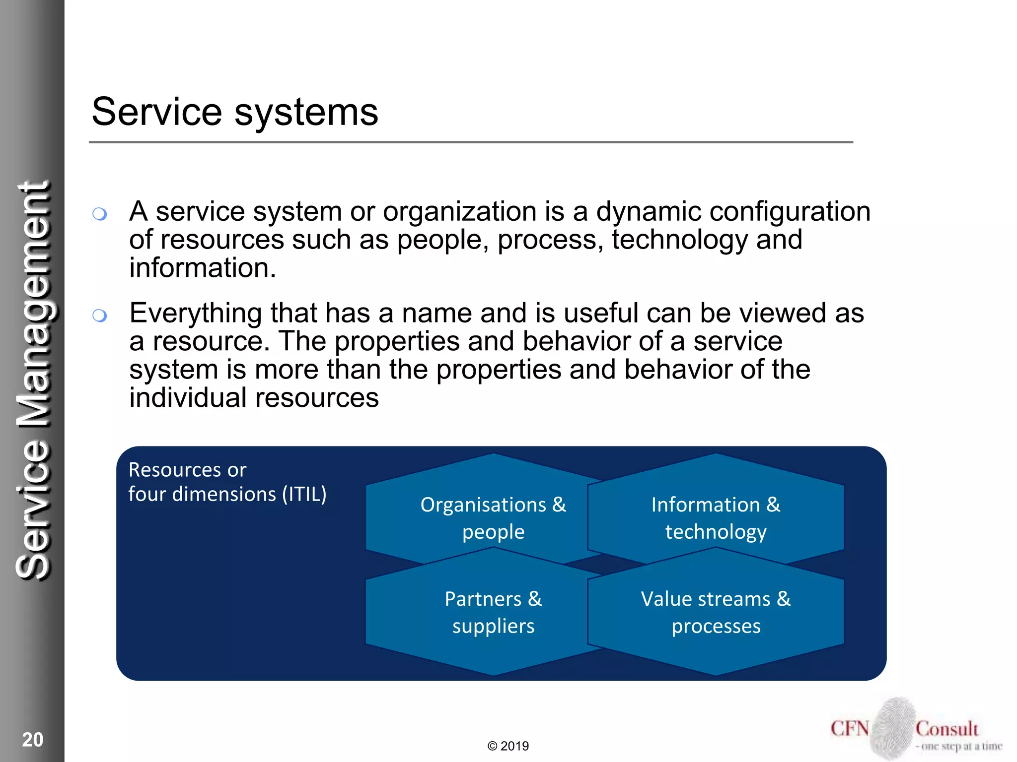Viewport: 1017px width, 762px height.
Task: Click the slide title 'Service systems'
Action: [x=235, y=112]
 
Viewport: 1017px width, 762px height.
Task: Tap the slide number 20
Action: [x=33, y=740]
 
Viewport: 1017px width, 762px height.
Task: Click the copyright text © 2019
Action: [x=508, y=746]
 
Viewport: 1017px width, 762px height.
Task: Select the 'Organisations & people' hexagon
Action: [x=493, y=518]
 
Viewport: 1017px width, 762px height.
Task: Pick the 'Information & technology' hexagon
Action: [x=716, y=518]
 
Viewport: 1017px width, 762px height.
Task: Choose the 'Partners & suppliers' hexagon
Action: [x=493, y=612]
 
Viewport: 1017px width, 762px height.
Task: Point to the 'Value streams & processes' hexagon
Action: [x=716, y=612]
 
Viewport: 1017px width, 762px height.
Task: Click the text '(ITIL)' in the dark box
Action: [x=304, y=495]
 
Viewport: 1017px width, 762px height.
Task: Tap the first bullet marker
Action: [x=100, y=214]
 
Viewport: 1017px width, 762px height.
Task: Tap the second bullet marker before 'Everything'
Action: [x=100, y=316]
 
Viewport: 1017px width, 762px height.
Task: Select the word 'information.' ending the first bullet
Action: [x=202, y=268]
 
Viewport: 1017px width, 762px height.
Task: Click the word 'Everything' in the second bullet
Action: [x=196, y=314]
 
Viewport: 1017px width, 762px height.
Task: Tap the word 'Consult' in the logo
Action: [x=946, y=729]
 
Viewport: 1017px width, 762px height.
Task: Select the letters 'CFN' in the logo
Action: [x=850, y=729]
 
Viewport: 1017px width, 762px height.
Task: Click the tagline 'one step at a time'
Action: [x=961, y=747]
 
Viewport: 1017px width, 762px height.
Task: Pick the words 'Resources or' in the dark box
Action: [x=187, y=470]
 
